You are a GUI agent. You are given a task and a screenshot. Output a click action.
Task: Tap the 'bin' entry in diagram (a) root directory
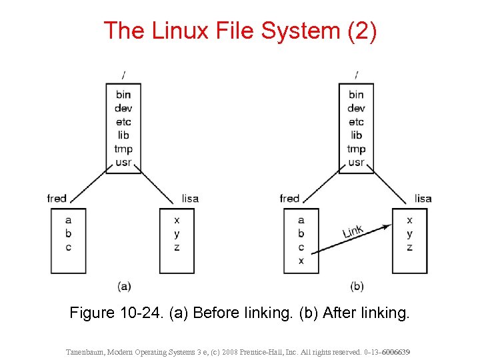click(123, 95)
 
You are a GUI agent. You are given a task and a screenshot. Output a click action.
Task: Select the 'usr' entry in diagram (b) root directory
click(356, 162)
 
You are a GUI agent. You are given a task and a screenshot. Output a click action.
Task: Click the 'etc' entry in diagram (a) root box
click(123, 121)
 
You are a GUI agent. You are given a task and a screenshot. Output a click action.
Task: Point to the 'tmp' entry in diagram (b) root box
click(356, 149)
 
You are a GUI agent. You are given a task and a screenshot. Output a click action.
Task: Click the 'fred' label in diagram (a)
click(57, 198)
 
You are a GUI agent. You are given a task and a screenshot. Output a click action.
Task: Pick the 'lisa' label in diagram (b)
click(423, 198)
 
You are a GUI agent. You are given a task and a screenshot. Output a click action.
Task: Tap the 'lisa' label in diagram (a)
click(190, 198)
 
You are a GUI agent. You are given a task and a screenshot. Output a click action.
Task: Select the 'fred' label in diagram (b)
click(290, 198)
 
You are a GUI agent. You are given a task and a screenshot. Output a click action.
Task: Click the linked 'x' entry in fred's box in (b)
click(301, 261)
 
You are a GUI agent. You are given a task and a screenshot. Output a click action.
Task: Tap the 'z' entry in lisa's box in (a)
click(176, 247)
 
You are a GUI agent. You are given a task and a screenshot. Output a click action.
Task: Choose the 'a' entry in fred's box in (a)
click(68, 220)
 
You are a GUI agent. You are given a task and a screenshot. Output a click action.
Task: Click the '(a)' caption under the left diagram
click(124, 286)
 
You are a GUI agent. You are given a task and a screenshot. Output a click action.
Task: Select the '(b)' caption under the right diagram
click(357, 286)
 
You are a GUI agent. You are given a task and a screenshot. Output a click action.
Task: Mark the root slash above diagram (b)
click(357, 75)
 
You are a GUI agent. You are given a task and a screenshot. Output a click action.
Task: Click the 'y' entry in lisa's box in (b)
click(409, 234)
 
